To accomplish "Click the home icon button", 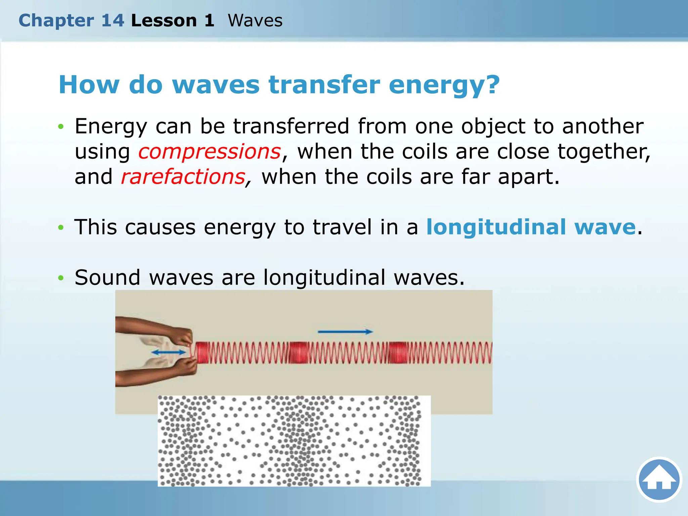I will pos(659,479).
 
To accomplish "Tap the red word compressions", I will pos(210,152).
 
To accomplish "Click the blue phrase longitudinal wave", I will pos(531,227).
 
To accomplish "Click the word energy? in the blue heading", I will pos(444,85).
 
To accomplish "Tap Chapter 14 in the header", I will pos(71,20).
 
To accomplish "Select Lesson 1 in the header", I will pos(173,20).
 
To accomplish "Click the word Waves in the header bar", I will pos(255,20).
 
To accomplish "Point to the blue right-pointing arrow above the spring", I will pos(345,332).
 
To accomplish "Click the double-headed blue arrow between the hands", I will pos(168,352).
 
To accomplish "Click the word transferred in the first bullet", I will pos(291,126).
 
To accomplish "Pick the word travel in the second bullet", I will pos(342,227).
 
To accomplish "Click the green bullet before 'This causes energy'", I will pos(61,228).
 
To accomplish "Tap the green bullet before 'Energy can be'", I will pos(61,127).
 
